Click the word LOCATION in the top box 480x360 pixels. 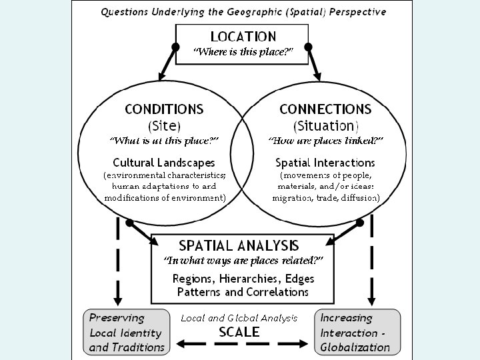243,37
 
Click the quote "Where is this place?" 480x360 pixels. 243,52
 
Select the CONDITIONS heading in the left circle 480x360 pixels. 164,109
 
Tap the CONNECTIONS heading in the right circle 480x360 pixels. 325,109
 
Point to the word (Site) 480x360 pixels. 164,125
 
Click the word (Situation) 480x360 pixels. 325,125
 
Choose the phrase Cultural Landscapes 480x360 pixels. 164,162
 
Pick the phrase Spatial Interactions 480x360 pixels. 325,162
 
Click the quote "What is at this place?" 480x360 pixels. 164,141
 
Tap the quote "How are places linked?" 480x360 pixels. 325,141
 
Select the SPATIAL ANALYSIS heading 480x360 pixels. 239,245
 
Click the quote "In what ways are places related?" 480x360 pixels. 243,260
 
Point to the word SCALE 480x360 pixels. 239,331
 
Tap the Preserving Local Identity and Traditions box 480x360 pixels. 127,332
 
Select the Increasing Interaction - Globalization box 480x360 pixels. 358,332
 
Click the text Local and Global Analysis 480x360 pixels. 239,318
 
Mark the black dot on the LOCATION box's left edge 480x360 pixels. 176,47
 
